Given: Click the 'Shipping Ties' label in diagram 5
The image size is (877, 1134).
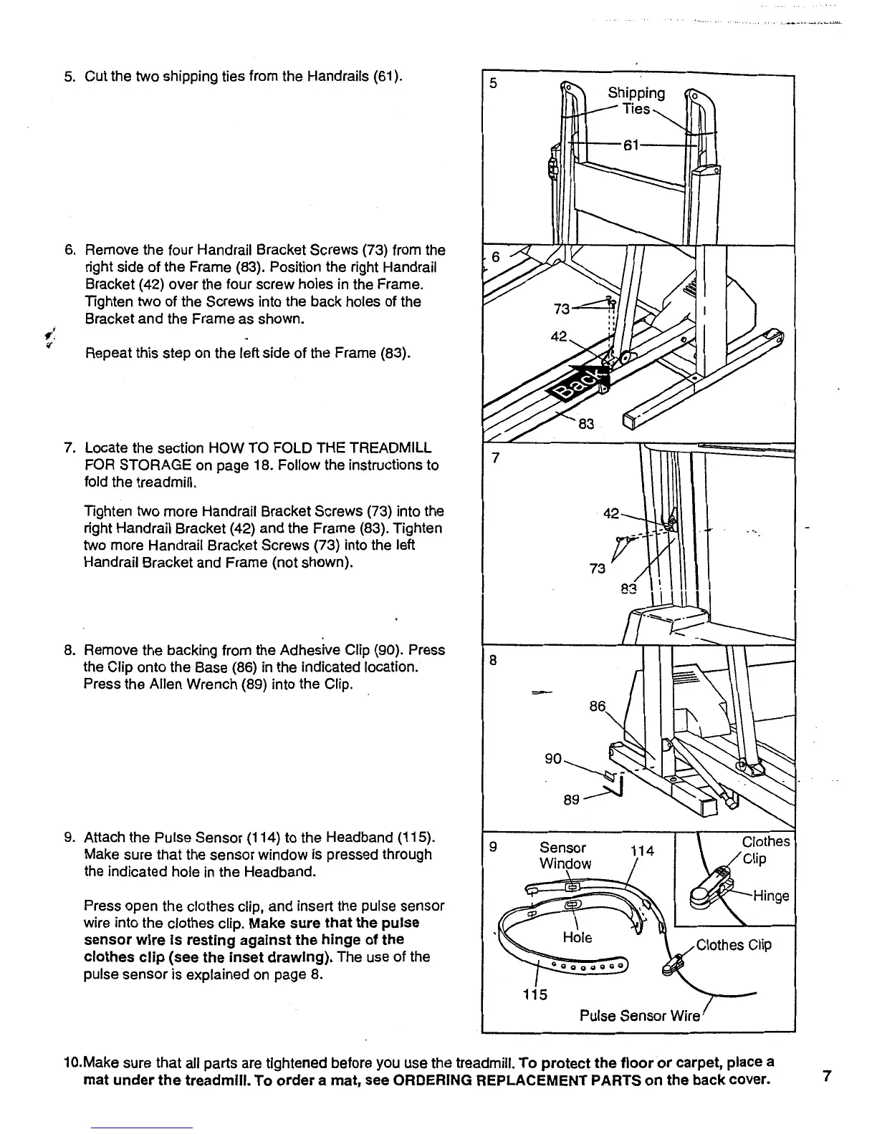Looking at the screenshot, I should pos(636,101).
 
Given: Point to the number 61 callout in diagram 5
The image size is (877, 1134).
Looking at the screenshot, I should pos(631,145).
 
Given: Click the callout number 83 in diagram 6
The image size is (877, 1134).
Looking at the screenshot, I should pos(586,424).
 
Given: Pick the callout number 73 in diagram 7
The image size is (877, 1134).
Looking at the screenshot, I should pos(596,568).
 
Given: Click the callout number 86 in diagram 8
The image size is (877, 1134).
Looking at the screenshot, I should pos(597,707).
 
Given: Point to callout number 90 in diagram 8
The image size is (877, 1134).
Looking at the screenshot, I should pos(552,757).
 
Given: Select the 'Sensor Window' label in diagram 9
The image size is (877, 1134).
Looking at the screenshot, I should pos(565,856).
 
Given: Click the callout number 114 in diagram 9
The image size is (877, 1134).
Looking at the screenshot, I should pos(642,850).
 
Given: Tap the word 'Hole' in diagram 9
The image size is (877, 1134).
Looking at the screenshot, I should pos(578,937).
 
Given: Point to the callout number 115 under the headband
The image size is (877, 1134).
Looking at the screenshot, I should pos(534,994).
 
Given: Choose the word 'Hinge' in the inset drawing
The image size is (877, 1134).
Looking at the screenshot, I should pos(770,896).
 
